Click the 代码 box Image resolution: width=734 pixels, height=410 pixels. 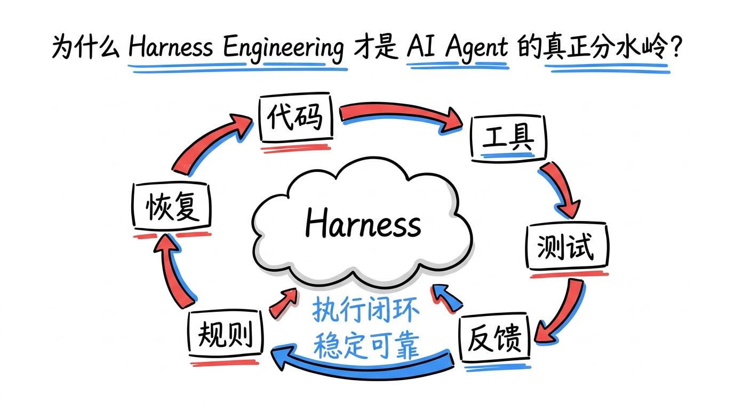click(x=296, y=117)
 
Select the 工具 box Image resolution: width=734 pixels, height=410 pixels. click(x=508, y=138)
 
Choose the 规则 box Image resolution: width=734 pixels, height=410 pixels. click(x=226, y=333)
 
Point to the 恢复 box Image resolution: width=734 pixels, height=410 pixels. click(x=171, y=206)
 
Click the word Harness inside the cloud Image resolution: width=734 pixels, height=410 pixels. click(x=363, y=223)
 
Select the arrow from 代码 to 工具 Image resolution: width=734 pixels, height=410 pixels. click(x=396, y=113)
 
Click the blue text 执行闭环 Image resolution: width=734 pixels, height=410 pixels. click(x=366, y=310)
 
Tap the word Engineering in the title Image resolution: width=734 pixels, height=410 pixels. click(x=284, y=48)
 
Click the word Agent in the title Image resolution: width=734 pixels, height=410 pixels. click(x=477, y=48)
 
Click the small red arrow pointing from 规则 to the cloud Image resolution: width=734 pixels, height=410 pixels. click(x=284, y=303)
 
